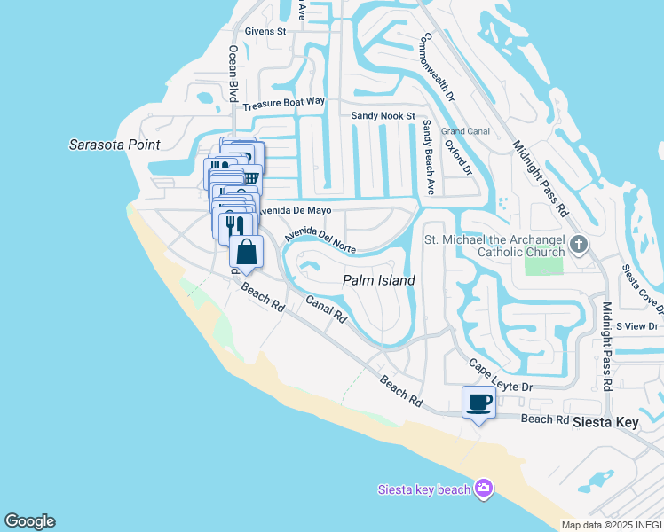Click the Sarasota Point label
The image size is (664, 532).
(115, 145)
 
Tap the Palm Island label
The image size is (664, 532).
(379, 280)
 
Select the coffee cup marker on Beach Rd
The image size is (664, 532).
(479, 403)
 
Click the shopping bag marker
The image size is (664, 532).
(246, 253)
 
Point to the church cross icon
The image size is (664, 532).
(578, 243)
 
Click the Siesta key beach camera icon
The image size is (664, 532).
(483, 489)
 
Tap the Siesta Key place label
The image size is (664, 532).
(605, 422)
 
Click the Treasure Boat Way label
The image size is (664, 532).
(285, 103)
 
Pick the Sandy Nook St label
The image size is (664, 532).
(383, 116)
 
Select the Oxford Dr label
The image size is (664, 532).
(459, 156)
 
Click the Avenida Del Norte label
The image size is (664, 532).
(320, 240)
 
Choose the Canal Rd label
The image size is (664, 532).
(325, 309)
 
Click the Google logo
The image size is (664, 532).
(29, 521)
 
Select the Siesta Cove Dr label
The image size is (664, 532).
(644, 289)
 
